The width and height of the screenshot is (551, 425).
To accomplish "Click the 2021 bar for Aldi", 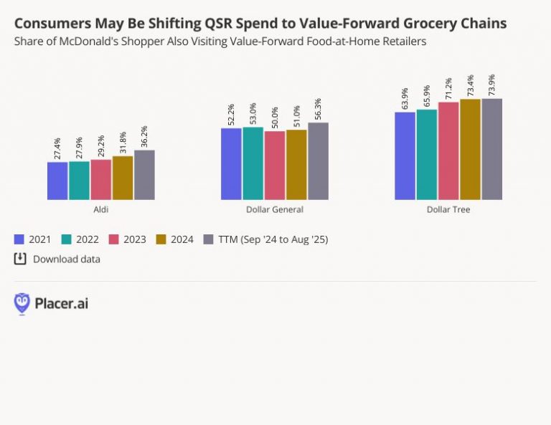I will point(57,181).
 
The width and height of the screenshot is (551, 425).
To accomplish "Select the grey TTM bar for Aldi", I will point(144,175).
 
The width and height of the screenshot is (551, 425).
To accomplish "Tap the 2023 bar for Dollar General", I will point(275,166).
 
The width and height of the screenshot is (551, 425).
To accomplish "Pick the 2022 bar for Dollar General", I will point(253,163).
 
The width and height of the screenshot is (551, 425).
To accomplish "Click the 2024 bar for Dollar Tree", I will point(470,149).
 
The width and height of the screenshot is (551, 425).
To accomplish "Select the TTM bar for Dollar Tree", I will point(491,149).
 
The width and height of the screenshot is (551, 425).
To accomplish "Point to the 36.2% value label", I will point(144,136).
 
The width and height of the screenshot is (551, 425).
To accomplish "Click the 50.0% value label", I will point(275,118).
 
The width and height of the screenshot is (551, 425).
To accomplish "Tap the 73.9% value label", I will point(491,85).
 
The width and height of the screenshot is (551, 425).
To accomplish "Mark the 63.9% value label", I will point(405,98).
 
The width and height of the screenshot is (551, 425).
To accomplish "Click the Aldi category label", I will point(101,209).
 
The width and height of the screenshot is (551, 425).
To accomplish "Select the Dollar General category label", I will point(275,209).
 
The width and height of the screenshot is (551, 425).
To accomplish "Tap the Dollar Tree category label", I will point(448,209).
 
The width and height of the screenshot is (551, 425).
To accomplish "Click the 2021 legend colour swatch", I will point(19,239).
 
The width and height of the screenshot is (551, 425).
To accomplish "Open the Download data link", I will point(66,259).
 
